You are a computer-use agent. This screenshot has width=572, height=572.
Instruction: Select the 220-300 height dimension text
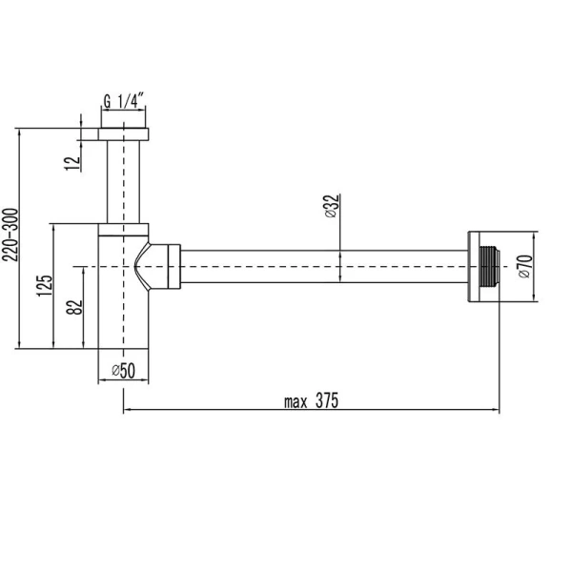10,238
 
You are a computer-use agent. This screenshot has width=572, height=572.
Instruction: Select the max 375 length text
312,400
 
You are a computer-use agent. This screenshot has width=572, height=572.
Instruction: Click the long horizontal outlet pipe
324,266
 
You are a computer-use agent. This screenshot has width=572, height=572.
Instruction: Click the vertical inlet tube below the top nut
125,181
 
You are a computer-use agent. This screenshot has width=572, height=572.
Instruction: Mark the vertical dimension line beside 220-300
20,238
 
